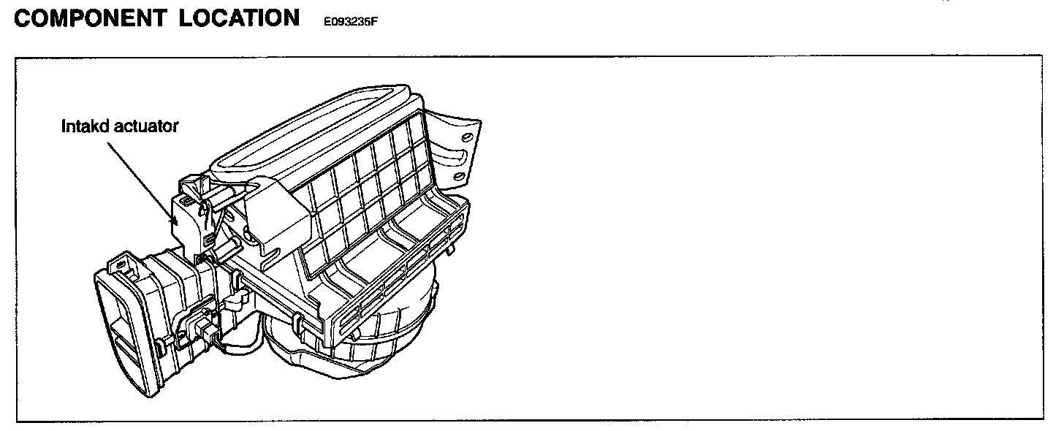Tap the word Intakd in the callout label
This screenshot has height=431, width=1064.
click(83, 126)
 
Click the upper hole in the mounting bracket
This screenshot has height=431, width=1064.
click(460, 136)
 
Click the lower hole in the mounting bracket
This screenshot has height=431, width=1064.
click(458, 177)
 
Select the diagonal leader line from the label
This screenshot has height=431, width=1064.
click(139, 175)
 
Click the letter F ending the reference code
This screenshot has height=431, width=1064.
click(373, 22)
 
